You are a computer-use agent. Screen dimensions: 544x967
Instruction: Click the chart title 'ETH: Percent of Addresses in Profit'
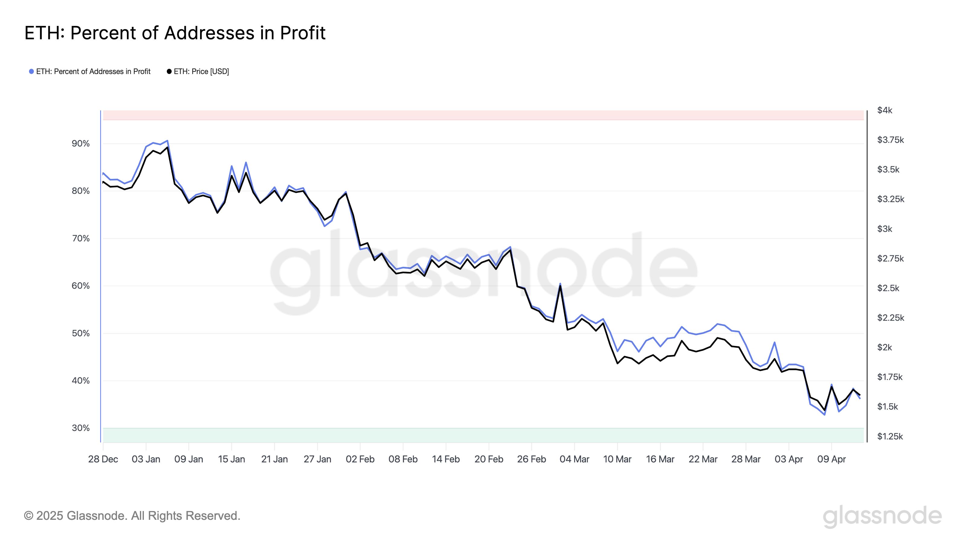point(175,33)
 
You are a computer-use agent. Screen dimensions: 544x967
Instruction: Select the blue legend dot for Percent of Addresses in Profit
point(31,71)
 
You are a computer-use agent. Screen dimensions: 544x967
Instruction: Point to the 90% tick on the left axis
point(81,144)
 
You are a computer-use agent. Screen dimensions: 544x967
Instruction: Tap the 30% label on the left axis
point(81,428)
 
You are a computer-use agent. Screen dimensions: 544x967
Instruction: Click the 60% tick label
point(81,286)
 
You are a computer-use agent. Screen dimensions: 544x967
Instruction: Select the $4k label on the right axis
point(885,110)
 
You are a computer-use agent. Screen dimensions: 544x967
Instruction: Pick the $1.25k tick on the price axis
point(890,436)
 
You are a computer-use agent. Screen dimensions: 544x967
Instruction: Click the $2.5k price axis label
point(888,288)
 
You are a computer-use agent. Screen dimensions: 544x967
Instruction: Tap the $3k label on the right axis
point(885,229)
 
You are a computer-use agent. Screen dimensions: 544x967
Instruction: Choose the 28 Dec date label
point(103,459)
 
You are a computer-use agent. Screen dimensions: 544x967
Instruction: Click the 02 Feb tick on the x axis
point(360,459)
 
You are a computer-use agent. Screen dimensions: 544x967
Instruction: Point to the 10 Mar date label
point(617,459)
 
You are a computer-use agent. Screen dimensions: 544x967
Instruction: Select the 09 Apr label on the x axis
point(832,459)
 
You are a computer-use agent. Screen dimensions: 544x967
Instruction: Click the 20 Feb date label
point(488,459)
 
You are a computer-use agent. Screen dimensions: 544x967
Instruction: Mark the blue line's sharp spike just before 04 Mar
point(560,284)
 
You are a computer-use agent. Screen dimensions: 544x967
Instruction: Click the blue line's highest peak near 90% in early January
point(167,141)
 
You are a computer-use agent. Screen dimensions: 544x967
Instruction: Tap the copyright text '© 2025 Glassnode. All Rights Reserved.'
point(132,516)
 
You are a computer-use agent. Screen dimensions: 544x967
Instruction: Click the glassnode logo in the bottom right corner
point(882,516)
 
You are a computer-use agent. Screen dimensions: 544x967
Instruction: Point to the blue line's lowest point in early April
point(824,414)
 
